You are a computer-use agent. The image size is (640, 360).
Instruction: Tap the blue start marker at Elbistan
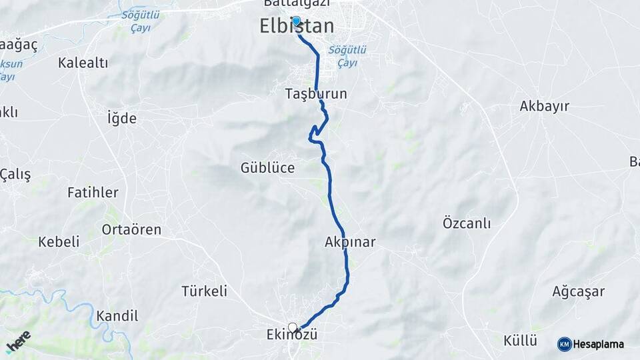tap(296, 21)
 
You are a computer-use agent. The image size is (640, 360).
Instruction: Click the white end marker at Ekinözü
tap(292, 327)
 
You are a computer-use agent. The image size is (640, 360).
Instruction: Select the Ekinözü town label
tap(293, 335)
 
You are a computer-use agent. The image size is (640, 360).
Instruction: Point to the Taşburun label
tap(316, 94)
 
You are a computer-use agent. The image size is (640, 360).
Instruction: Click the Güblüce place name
tap(267, 168)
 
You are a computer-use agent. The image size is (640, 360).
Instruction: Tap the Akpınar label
tap(350, 242)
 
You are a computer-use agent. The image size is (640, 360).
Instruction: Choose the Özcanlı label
tap(467, 223)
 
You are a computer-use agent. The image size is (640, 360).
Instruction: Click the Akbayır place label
tap(544, 106)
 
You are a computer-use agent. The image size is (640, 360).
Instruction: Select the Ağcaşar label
tap(578, 291)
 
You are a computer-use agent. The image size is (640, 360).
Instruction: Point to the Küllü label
tap(520, 341)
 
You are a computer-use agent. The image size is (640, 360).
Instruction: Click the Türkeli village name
tap(205, 291)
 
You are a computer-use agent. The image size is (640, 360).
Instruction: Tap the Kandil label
tap(117, 316)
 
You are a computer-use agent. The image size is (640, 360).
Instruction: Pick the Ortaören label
tap(131, 229)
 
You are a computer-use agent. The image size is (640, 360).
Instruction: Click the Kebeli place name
tap(59, 242)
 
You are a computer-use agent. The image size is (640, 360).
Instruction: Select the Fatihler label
tap(93, 193)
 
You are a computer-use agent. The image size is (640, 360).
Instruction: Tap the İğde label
tap(122, 119)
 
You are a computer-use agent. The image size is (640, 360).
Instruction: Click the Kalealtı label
tap(83, 63)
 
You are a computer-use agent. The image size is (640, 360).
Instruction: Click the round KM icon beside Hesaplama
tap(565, 344)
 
